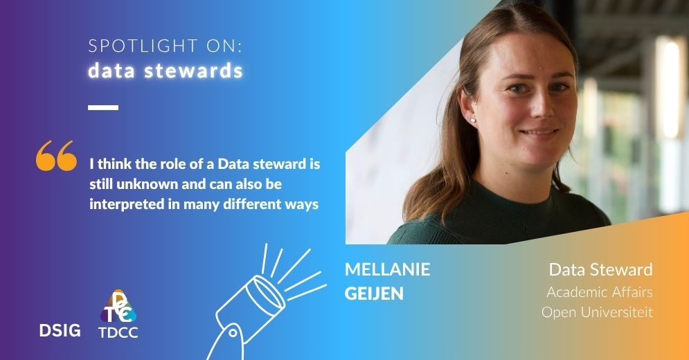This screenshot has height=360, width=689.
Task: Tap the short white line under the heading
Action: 103,107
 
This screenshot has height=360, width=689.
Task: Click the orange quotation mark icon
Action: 56,156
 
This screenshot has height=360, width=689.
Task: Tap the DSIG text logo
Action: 60,330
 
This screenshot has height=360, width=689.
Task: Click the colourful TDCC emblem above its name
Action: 118,306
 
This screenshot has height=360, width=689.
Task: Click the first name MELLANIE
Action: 387,269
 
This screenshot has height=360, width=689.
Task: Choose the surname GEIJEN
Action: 374,294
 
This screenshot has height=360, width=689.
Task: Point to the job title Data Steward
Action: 600,269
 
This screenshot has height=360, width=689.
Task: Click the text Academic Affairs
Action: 600,292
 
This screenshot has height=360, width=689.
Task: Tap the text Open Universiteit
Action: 597,312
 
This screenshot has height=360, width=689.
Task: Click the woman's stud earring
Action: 473,119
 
